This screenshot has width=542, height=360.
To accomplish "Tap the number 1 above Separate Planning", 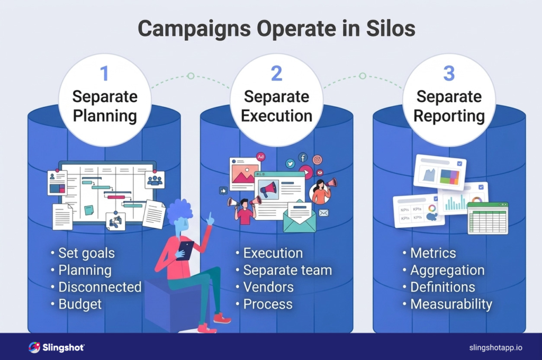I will pos(104,73).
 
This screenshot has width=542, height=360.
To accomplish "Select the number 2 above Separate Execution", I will pos(276,73).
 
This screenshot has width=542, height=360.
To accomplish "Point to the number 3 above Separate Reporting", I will pos(448,73).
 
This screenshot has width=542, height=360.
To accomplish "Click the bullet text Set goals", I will pos(86,253).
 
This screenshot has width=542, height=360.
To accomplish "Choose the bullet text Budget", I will pos(80,304).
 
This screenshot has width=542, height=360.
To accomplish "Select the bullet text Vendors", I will pos(268,287).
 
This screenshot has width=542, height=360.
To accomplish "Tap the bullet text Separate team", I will pos(287,270).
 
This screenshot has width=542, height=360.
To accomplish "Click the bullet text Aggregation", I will pos(447,270).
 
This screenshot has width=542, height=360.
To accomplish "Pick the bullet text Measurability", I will pos(451,304).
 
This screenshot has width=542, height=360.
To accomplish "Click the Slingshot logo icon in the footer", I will pos(34,347).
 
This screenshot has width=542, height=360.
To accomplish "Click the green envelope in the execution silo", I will pos(300,217).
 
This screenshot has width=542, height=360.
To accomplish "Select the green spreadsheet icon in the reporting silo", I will pos(487,218).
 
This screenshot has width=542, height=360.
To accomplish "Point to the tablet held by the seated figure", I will pos(185,249).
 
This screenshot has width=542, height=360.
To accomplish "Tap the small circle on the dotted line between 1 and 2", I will pos(191,76).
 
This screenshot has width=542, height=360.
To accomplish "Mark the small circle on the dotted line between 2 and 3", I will pos(363,76).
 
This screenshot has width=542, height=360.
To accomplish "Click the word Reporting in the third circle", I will pos(449,115).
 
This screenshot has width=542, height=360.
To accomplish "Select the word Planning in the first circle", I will pos(105,115).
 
